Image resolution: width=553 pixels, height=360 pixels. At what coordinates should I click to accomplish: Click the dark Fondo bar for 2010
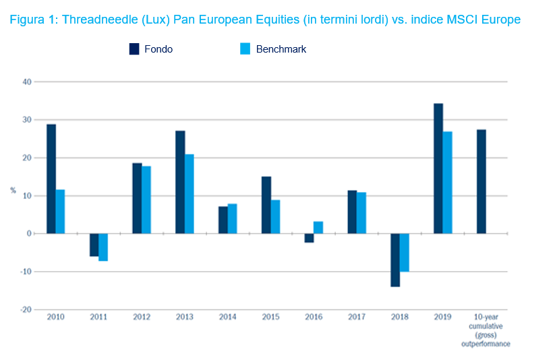(51, 179)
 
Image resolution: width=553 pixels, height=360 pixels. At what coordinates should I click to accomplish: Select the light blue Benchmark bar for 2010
(60, 211)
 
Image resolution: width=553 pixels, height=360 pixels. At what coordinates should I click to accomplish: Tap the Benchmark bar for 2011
(103, 247)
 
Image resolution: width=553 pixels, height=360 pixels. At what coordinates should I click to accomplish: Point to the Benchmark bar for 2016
(318, 227)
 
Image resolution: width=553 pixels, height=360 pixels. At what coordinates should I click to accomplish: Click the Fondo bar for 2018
(395, 260)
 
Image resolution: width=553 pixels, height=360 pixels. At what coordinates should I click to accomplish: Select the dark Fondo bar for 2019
(438, 169)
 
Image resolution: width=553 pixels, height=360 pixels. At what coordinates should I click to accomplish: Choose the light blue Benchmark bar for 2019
(448, 182)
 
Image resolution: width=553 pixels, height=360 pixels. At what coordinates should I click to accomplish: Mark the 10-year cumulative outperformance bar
(482, 181)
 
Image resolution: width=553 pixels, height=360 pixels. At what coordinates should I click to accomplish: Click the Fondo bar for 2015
(266, 205)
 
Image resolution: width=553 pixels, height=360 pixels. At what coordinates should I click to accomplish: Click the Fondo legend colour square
(134, 49)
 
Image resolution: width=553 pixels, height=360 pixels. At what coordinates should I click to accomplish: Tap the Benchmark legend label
(281, 49)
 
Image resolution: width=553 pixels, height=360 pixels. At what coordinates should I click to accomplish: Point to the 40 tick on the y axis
(28, 82)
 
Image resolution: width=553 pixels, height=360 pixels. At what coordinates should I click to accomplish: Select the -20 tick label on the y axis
(26, 309)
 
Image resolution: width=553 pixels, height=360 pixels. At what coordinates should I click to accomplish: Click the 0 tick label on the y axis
(30, 233)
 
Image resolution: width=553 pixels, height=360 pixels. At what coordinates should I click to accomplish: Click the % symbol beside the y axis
(13, 191)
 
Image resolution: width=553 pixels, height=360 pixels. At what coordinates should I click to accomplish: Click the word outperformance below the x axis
(486, 344)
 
